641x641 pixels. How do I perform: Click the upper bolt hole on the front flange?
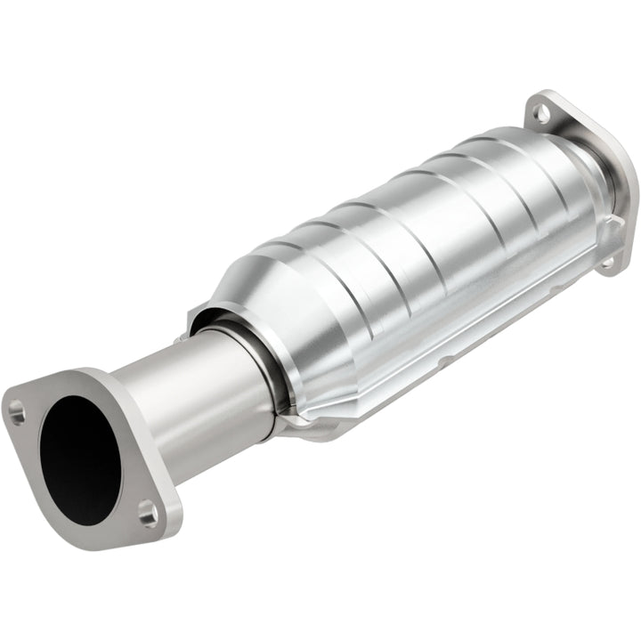17,411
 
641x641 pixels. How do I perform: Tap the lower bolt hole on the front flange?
147,512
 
